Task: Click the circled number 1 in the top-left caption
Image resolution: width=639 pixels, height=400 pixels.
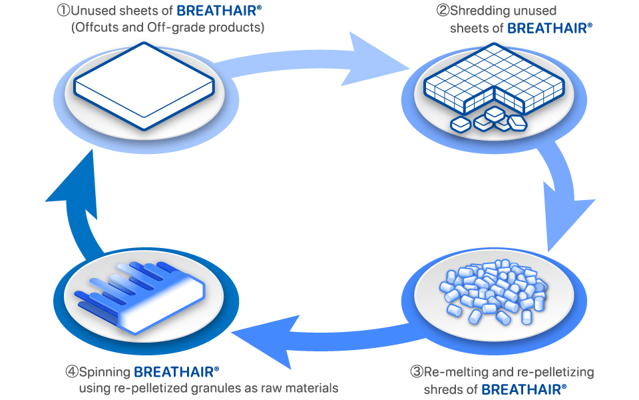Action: tap(64, 11)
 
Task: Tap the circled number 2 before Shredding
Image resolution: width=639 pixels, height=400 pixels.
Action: tap(443, 11)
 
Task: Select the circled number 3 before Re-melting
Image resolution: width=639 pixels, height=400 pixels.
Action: tap(417, 372)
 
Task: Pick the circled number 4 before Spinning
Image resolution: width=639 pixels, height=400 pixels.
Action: tap(72, 372)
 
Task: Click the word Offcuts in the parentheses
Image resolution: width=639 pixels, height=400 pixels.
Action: tap(97, 27)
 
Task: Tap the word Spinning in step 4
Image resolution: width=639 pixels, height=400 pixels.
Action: tap(105, 373)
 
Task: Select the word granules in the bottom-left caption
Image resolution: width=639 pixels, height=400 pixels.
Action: tap(218, 388)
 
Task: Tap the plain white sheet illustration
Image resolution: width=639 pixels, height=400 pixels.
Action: tap(144, 86)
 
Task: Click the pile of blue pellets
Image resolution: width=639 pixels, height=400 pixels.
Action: tap(493, 292)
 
